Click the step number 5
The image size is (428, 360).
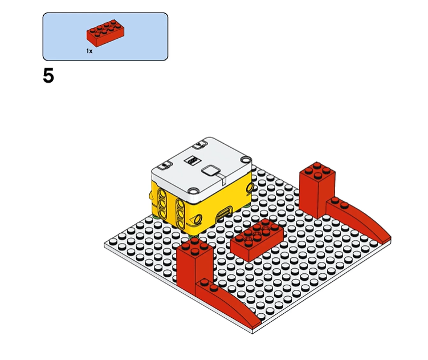click(48, 76)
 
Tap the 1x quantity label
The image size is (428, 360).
click(89, 51)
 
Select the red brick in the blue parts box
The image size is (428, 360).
click(105, 33)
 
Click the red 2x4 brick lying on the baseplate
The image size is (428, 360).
click(256, 239)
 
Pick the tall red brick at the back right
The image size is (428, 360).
click(317, 189)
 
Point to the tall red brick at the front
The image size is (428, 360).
click(194, 265)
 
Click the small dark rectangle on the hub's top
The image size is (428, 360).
click(191, 160)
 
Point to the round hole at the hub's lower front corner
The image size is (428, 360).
click(197, 220)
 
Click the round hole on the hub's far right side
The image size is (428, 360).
click(250, 188)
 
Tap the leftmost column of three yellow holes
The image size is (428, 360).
click(161, 204)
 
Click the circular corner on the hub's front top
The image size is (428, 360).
click(193, 190)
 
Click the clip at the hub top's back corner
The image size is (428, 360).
click(201, 144)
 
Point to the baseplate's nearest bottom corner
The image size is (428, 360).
click(252, 334)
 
